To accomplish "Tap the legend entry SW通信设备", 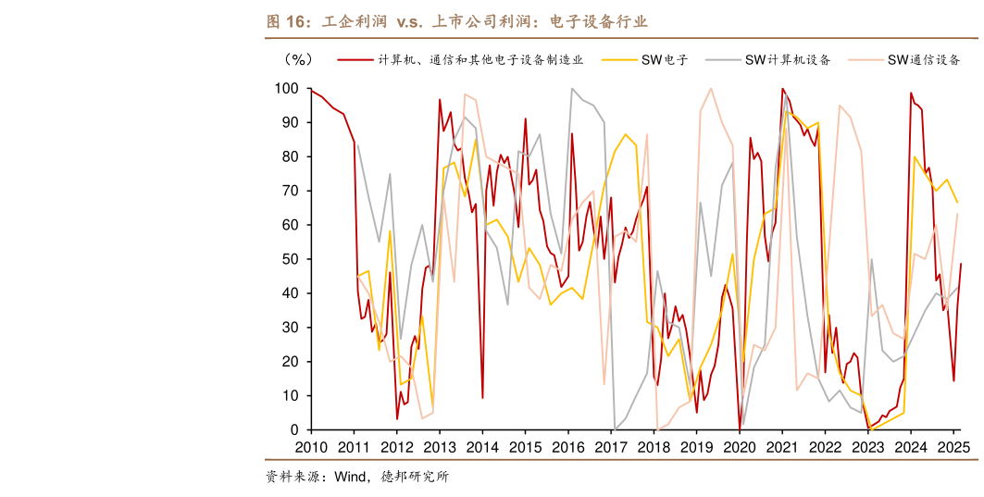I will pos(923,60).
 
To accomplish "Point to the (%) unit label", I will pos(298,60).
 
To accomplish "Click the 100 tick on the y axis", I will pos(286,89).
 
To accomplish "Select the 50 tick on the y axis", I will pos(290,259).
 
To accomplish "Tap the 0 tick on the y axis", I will pos(294,429).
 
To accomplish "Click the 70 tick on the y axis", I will pos(290,191).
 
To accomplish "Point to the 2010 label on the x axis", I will pos(310,447).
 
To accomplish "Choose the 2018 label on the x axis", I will pos(654,447).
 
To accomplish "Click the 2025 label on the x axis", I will pos(953,447).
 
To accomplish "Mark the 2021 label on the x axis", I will pos(782,447).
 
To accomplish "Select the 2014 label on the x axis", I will pos(481,447).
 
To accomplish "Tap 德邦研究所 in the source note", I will pos(415,478).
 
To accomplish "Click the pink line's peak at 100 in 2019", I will pos(710,89).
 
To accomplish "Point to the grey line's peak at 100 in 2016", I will pos(572,89).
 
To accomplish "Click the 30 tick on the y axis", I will pos(290,328).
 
